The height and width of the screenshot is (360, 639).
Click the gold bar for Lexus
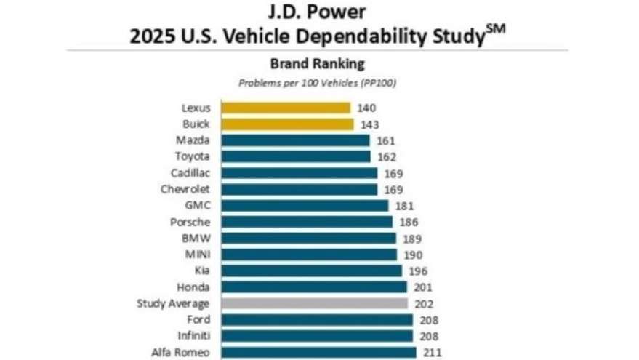pos(286,108)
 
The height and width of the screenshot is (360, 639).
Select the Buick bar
pos(287,124)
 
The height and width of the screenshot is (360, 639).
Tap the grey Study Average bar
pos(314,303)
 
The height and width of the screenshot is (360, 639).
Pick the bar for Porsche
pos(307,222)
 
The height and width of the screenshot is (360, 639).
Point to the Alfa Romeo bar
pos(318,352)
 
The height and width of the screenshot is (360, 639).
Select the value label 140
pos(366,108)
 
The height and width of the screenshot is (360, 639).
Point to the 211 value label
pos(431,353)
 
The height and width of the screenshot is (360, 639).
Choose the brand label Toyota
pos(193,157)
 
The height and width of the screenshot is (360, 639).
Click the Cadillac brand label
pos(191,173)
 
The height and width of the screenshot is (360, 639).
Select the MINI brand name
pos(198,255)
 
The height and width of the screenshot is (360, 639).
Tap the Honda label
pos(194,287)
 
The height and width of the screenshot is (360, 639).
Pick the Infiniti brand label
pos(193,336)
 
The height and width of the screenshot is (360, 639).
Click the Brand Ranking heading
pos(317,63)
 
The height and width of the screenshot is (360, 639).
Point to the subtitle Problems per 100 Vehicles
pos(317,82)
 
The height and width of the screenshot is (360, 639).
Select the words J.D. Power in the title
pos(317,12)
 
